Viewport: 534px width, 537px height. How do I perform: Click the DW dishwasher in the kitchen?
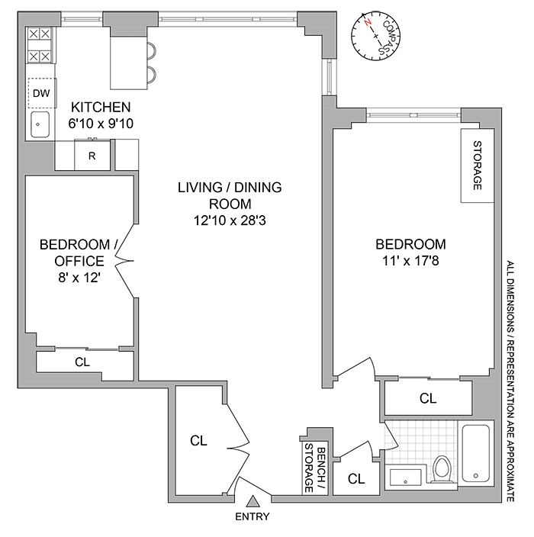(41, 93)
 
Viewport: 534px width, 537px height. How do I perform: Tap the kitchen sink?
(40, 124)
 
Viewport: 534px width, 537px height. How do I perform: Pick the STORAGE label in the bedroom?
(478, 166)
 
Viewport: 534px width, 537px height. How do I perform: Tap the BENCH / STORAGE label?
(315, 466)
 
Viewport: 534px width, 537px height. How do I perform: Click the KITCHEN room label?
(101, 107)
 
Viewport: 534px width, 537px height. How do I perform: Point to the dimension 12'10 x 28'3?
(230, 220)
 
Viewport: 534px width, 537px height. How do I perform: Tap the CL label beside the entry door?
(199, 440)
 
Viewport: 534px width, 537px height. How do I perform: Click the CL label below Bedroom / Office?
(82, 362)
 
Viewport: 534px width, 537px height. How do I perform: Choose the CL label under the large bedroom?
(427, 397)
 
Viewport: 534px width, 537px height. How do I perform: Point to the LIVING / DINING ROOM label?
(230, 195)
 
